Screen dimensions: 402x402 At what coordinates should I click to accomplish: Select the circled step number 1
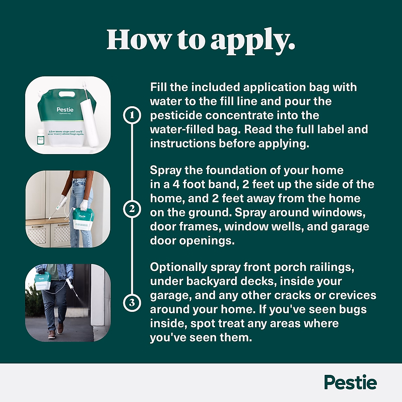[132, 115]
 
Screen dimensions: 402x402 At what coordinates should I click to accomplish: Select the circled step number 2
[132, 209]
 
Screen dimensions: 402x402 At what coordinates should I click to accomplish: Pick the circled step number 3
[132, 303]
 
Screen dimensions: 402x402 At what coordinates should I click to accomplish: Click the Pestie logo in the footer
[350, 383]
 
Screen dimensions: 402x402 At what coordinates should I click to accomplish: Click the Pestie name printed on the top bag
[65, 110]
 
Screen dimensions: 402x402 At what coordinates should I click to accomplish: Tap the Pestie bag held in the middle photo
[82, 218]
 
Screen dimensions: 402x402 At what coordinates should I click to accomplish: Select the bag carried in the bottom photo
[42, 281]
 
